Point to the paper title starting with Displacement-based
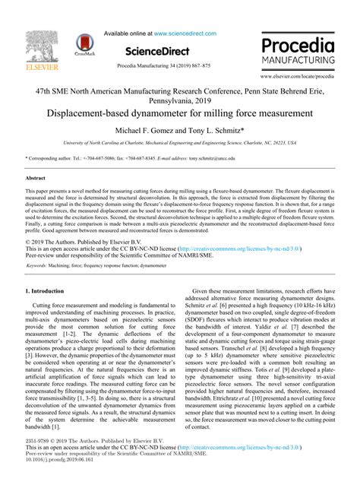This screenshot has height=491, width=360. [180, 113]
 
